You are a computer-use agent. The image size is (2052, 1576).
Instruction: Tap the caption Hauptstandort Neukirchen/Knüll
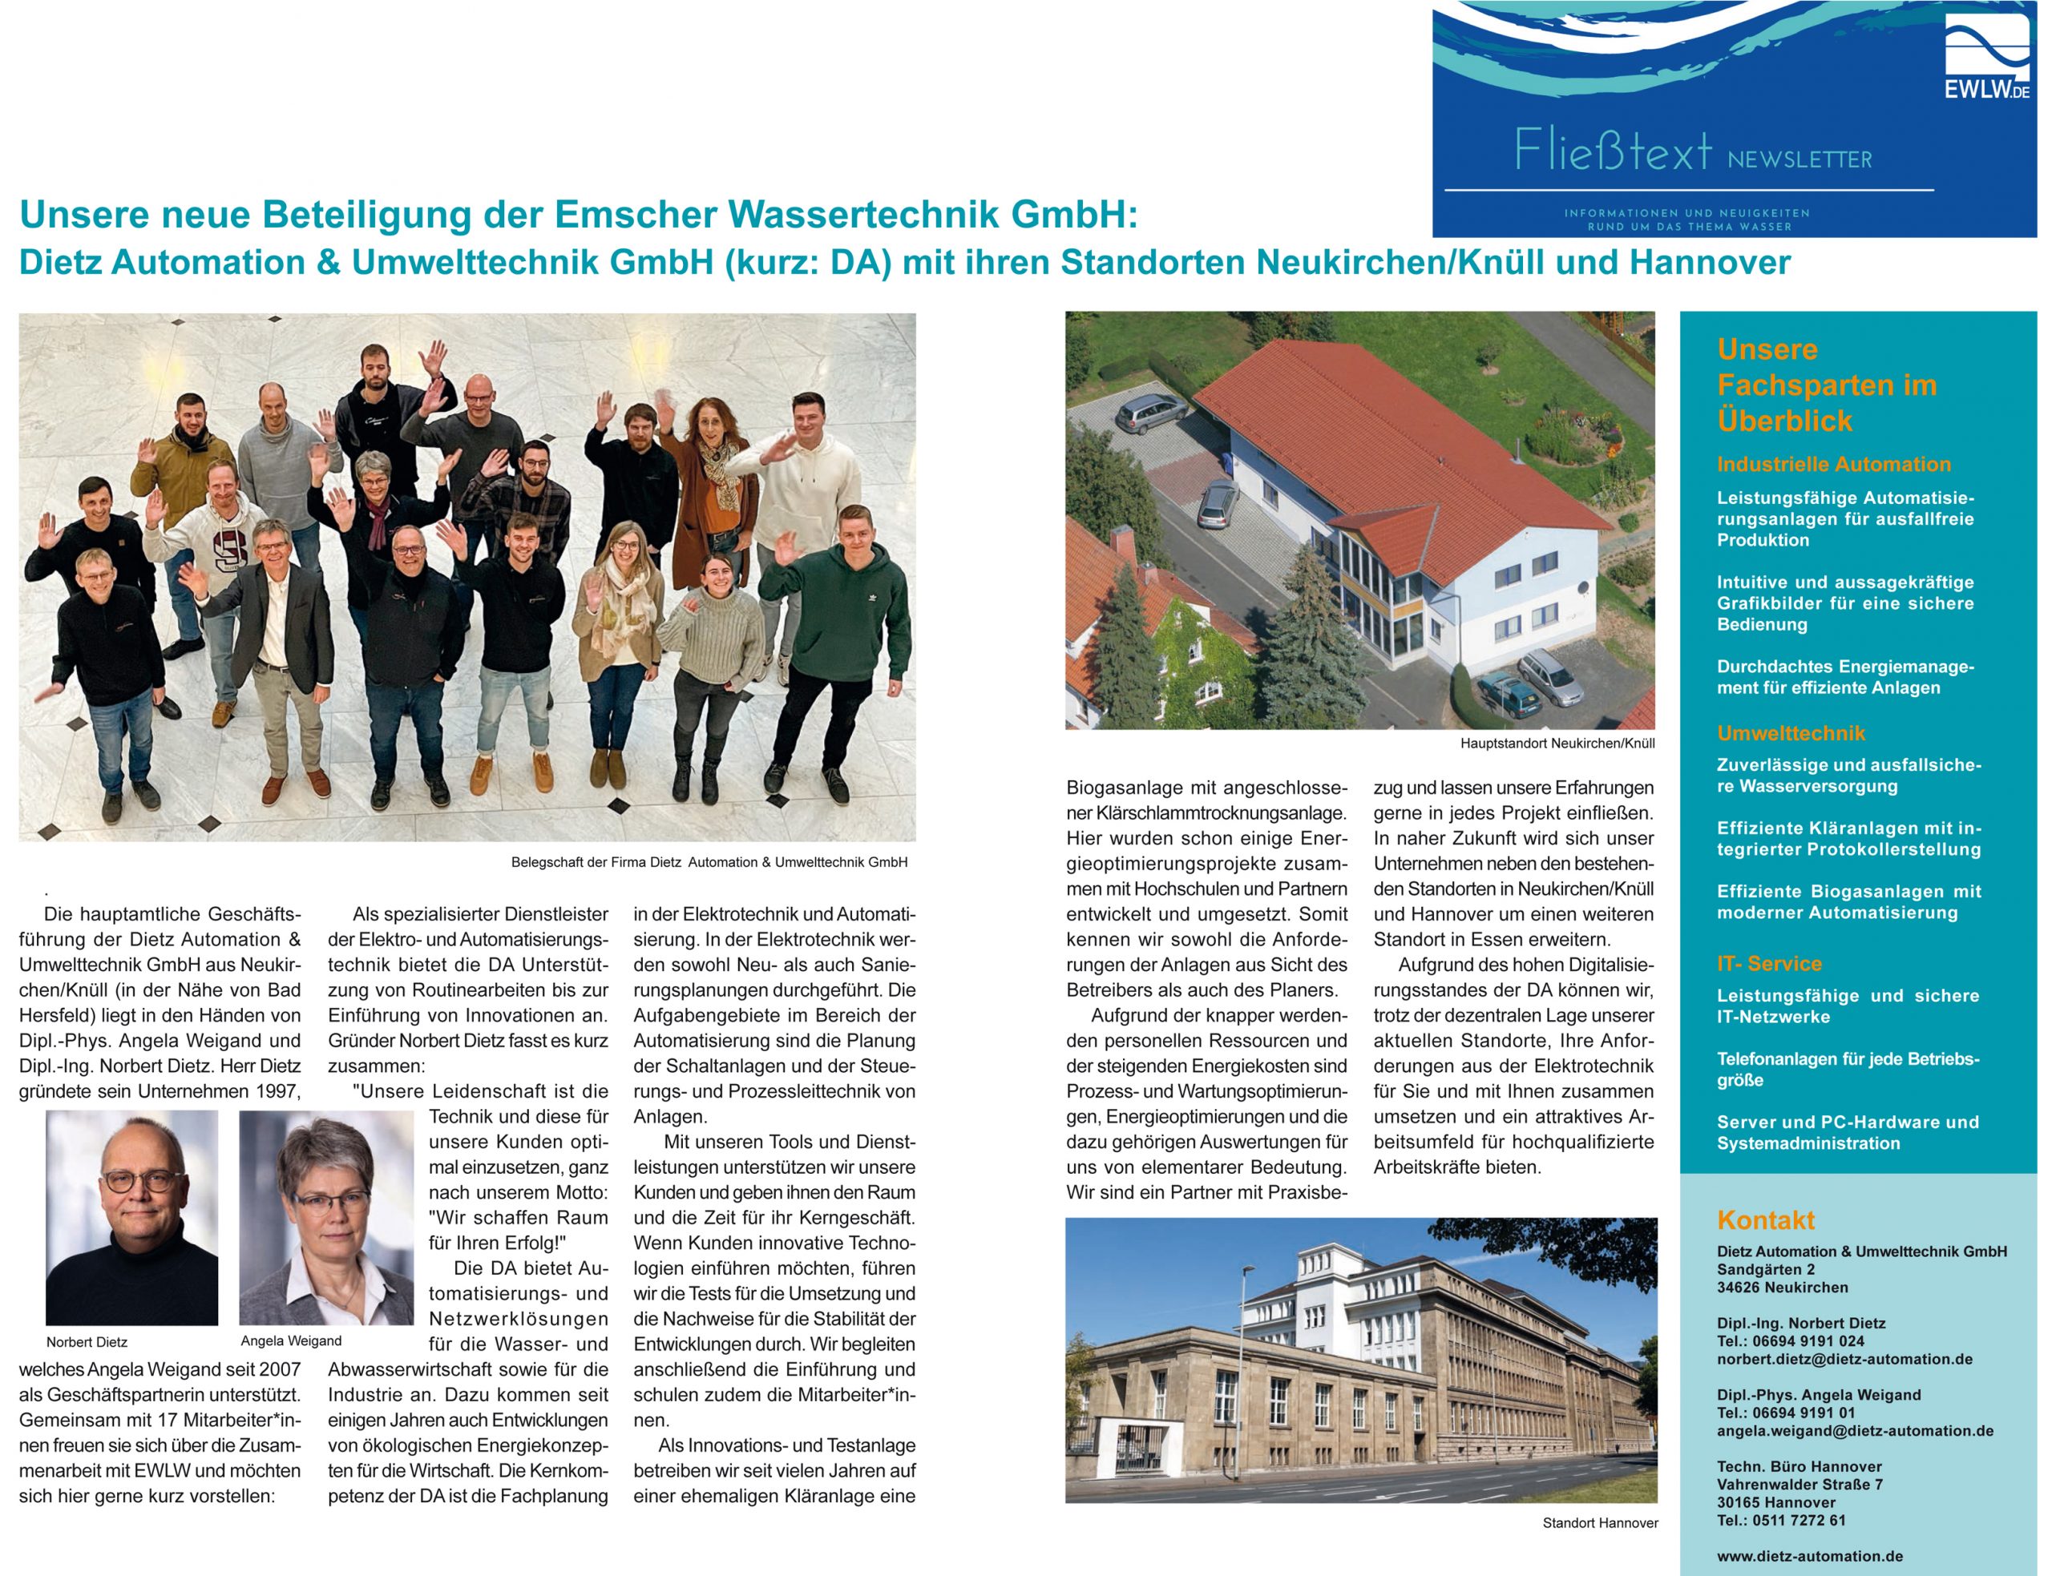(x=1557, y=743)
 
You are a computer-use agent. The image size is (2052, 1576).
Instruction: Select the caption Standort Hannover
(x=1600, y=1522)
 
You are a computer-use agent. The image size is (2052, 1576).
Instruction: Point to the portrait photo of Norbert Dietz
(x=131, y=1217)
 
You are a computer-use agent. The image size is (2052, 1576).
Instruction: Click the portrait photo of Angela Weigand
(x=325, y=1217)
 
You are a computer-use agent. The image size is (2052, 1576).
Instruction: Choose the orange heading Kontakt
(x=1765, y=1219)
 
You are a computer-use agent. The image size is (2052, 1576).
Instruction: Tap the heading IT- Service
(x=1768, y=963)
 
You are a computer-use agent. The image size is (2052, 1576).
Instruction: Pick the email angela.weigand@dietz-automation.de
(x=1854, y=1431)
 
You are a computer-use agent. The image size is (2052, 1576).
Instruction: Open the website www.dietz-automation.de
(x=1809, y=1555)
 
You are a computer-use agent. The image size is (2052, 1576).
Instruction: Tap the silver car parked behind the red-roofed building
(x=1151, y=412)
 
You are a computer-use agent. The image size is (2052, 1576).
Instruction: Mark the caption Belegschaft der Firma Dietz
(x=709, y=862)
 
